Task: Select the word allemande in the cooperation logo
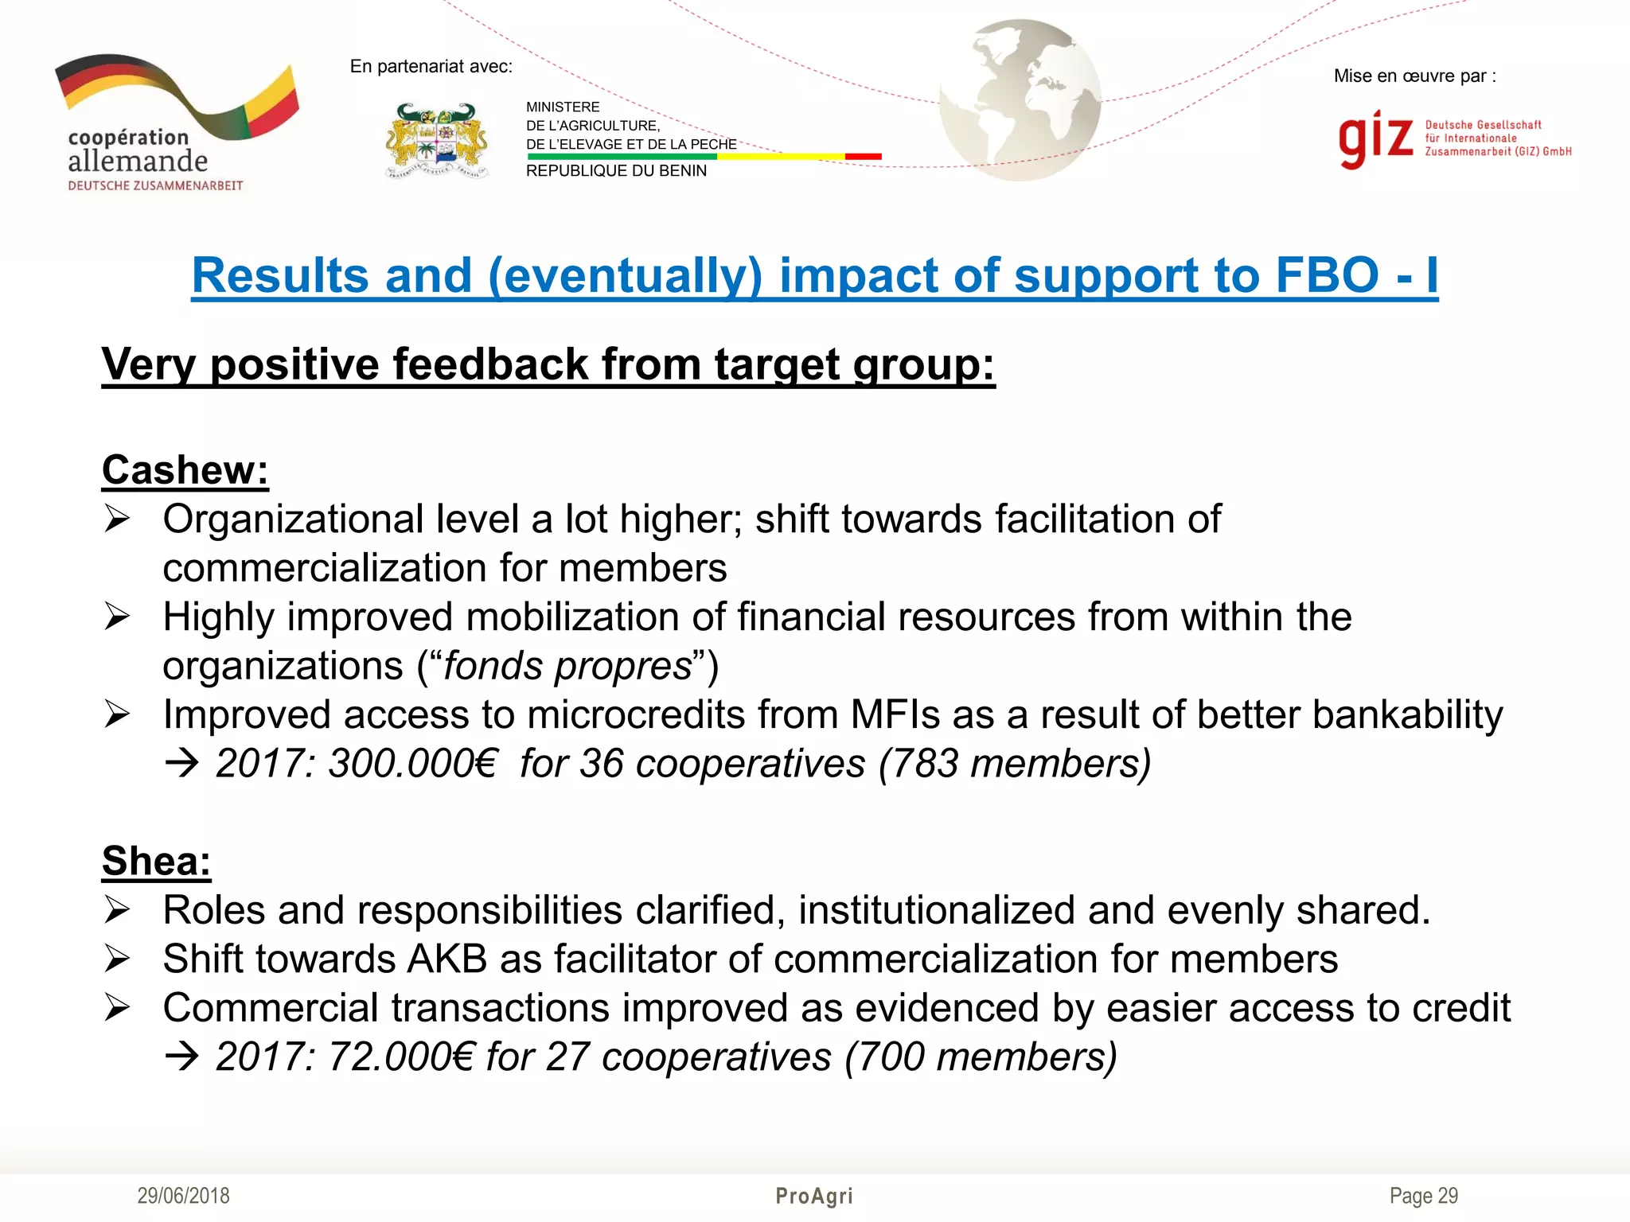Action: [138, 162]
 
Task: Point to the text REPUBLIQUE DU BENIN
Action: [616, 171]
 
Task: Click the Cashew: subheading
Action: [185, 469]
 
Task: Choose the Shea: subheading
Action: [157, 861]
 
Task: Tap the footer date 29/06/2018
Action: [183, 1196]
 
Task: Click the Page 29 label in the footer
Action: [1423, 1196]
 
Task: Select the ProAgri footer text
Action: [814, 1196]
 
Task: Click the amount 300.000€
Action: [412, 764]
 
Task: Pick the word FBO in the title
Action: [1327, 275]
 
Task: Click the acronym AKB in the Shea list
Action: [446, 959]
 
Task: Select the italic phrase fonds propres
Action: [567, 666]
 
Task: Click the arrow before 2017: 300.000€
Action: [181, 765]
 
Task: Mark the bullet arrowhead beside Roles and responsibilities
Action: [117, 910]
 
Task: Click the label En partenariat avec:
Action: [431, 67]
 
